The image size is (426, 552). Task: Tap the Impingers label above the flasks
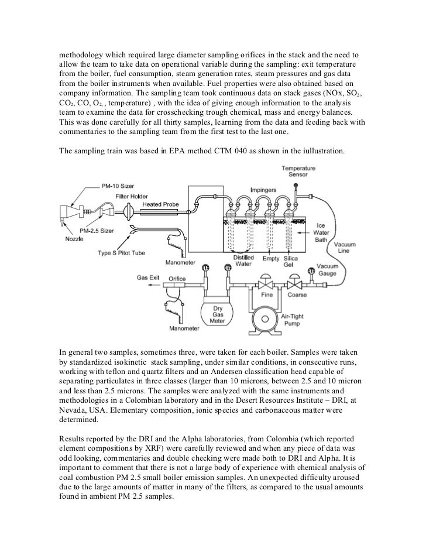pos(264,190)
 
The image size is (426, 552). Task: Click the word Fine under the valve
pos(267,294)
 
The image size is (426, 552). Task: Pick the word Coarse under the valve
pos(300,294)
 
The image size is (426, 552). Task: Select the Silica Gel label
pos(290,260)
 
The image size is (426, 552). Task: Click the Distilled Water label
pos(243,260)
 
